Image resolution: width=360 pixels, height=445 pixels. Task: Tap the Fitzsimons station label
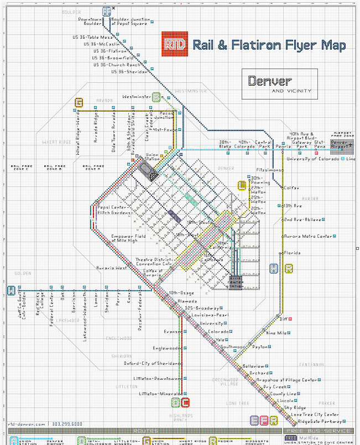point(268,170)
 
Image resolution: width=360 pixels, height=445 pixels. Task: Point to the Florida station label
point(293,253)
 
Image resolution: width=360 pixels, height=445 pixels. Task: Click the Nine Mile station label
point(276,333)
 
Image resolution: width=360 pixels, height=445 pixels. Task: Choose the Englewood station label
point(168,349)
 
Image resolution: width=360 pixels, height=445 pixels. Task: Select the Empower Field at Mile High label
point(128,238)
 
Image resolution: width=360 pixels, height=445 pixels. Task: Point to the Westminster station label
point(137,97)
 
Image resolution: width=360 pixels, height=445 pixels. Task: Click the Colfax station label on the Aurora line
point(291,188)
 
